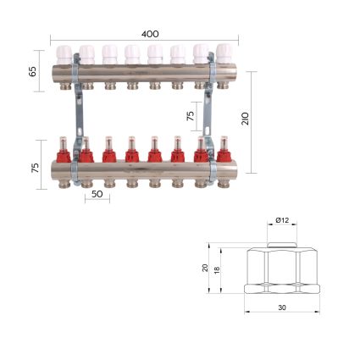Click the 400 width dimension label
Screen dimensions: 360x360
(150, 34)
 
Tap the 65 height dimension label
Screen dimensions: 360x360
(33, 71)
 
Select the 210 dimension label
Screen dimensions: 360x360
(246, 119)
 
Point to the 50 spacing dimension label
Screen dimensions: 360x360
(97, 194)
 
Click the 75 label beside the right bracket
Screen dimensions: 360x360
(191, 116)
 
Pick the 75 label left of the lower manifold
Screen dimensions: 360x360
(35, 168)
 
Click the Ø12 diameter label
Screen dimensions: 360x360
(282, 220)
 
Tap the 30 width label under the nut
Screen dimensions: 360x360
(282, 307)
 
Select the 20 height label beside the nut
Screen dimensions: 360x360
(205, 268)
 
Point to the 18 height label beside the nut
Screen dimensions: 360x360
(217, 270)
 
